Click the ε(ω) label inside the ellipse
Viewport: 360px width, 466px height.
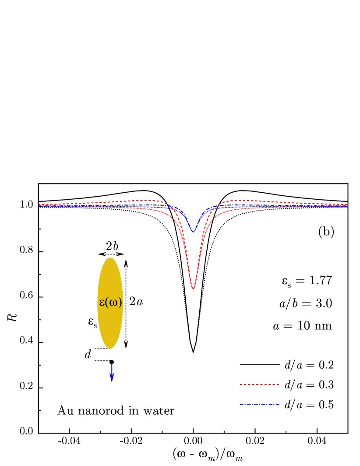point(110,302)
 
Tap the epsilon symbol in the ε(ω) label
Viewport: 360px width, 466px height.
point(102,303)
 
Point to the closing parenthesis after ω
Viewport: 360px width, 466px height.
point(120,303)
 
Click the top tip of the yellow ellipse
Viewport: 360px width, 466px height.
point(110,258)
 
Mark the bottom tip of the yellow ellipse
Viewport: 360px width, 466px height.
point(110,348)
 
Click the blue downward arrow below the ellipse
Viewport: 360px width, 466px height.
point(112,372)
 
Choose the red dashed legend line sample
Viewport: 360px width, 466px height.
point(259,384)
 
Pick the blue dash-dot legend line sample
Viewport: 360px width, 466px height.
point(259,404)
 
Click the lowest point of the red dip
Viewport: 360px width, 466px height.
point(193,289)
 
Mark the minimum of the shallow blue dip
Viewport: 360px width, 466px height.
point(193,232)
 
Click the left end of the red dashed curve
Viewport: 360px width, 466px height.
point(39,204)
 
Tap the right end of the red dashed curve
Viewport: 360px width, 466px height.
point(347,204)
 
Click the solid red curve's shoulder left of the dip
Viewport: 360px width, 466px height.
point(171,215)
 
